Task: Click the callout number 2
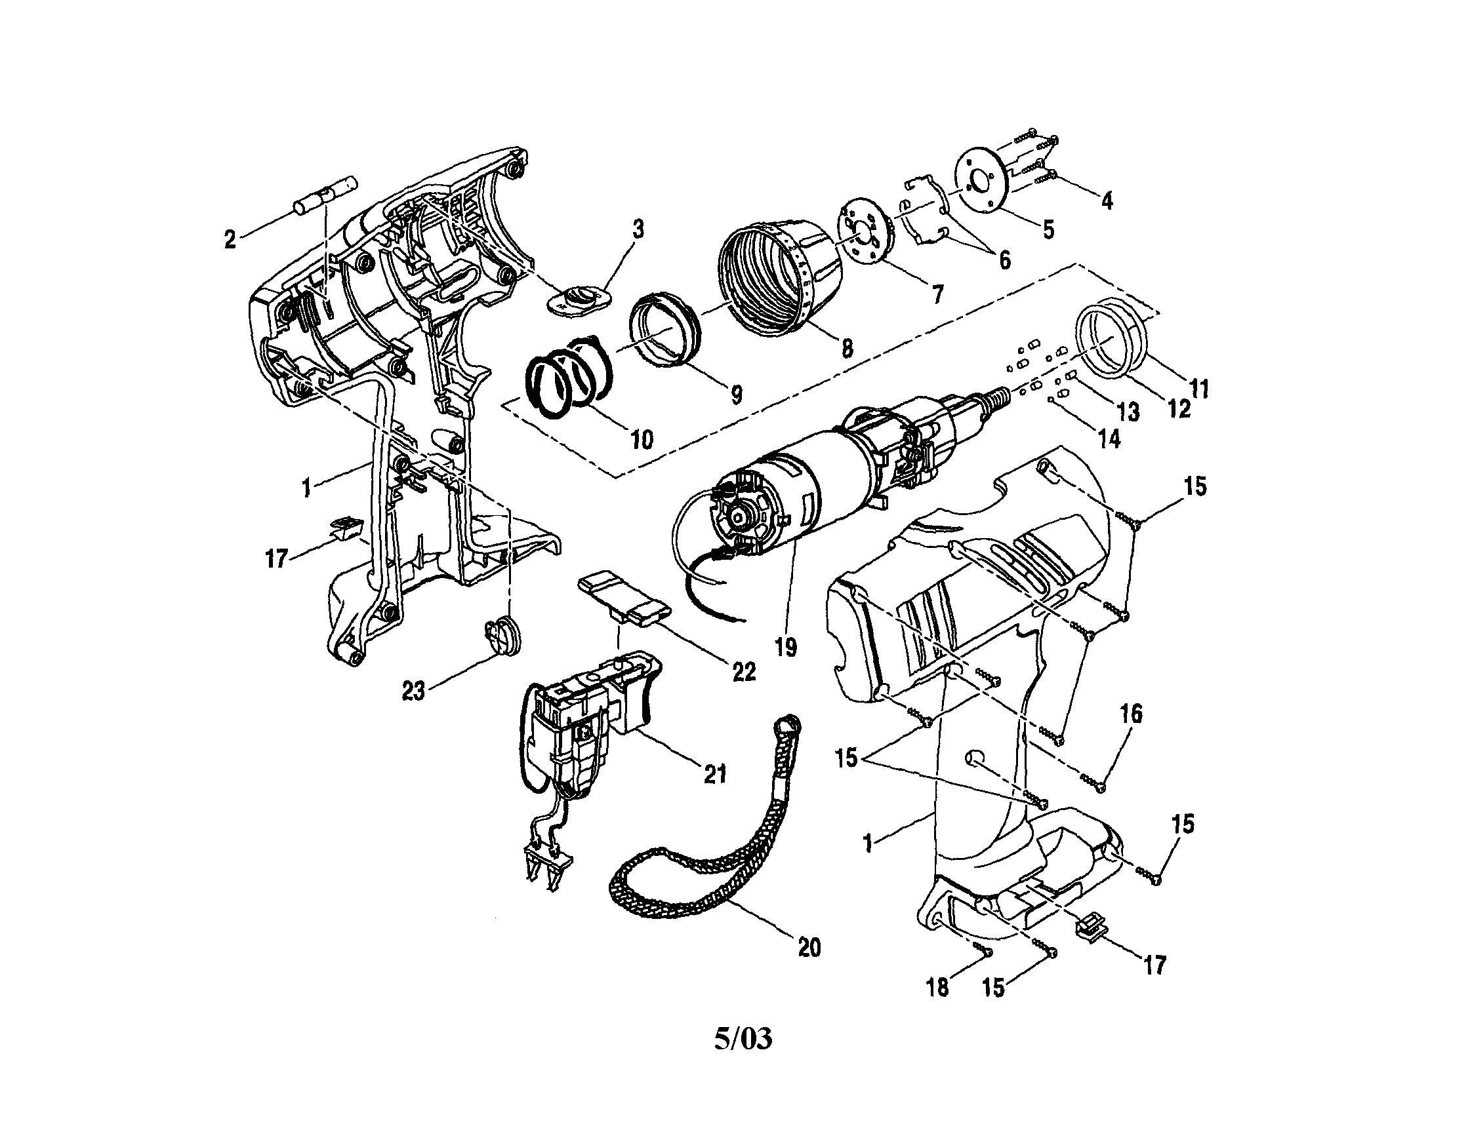(230, 239)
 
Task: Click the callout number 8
(847, 348)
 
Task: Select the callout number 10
(642, 439)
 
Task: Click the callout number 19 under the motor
(785, 646)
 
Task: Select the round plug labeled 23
(501, 636)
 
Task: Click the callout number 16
(1132, 714)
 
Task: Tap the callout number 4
(1107, 201)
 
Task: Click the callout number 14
(1109, 438)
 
